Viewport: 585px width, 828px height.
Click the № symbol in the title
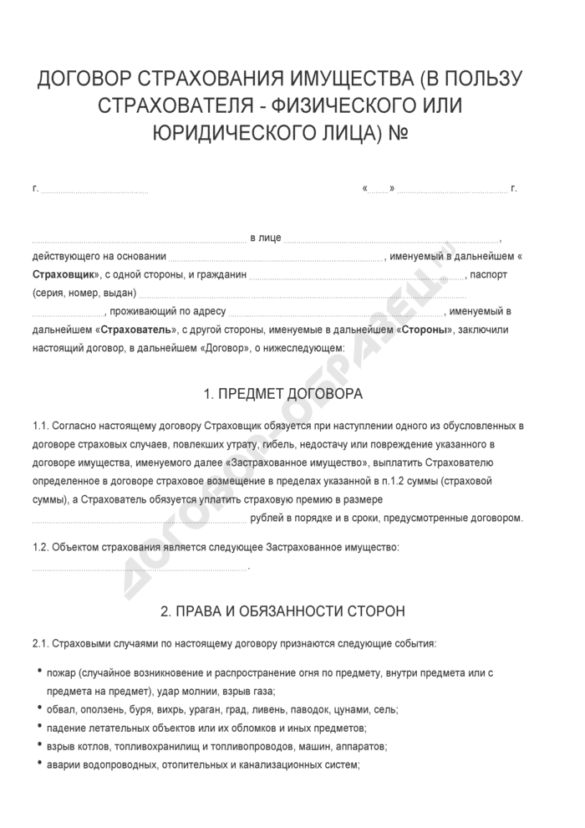(394, 133)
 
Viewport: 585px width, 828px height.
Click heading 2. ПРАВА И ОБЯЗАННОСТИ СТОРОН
(283, 611)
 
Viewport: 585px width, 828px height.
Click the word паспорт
(490, 274)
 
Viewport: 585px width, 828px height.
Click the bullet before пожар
(40, 672)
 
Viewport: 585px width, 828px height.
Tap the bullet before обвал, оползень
(40, 709)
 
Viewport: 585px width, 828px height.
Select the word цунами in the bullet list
(351, 709)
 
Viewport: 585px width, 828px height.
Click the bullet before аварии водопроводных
(40, 764)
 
